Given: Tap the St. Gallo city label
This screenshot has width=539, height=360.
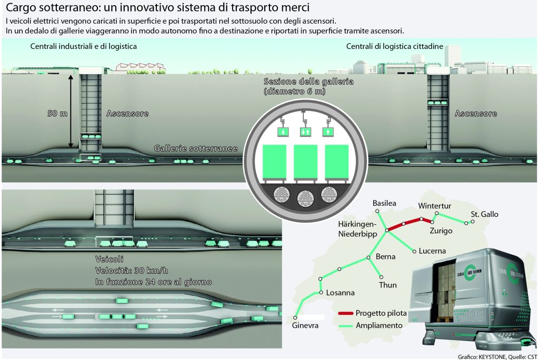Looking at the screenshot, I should click(x=484, y=214).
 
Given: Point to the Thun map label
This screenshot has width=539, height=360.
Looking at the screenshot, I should click(x=388, y=285).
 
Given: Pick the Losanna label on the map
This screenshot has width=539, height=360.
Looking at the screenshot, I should click(x=340, y=293).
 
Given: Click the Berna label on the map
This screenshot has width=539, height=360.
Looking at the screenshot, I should click(x=386, y=257).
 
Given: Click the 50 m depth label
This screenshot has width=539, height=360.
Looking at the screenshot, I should click(x=57, y=113).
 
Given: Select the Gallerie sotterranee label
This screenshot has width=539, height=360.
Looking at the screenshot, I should click(x=196, y=149).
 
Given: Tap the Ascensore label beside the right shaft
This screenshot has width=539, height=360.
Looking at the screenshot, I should click(x=476, y=113).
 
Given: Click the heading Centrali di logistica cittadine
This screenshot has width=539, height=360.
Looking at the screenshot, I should click(x=394, y=46).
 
